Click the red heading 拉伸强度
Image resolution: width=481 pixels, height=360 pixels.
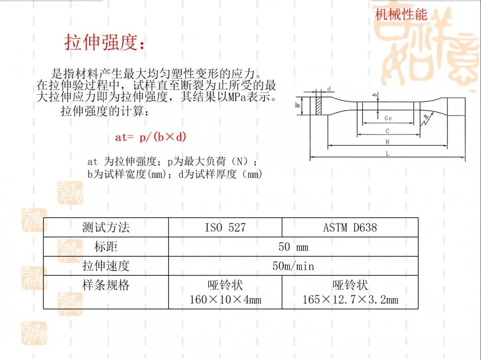(104, 42)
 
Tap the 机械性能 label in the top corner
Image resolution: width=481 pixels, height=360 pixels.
(401, 14)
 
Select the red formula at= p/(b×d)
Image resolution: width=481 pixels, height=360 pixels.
(151, 137)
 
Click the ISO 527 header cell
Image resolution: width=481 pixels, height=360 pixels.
(225, 227)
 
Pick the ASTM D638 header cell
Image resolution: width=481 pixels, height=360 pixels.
(350, 227)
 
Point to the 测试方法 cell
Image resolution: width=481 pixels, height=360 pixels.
(106, 227)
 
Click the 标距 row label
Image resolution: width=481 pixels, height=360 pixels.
(106, 247)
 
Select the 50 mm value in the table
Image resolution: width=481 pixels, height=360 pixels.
(293, 247)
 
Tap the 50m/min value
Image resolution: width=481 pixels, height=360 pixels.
(293, 266)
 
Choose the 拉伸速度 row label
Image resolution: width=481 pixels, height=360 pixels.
(106, 266)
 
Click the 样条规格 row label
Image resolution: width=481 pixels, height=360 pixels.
(106, 285)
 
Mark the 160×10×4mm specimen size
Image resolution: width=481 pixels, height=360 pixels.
(225, 299)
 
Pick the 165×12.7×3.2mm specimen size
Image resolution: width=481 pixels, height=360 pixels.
(350, 299)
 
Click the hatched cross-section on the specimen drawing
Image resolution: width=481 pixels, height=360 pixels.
(319, 106)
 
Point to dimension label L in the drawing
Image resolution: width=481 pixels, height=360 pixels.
(387, 154)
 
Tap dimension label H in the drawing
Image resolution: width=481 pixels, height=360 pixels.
(387, 142)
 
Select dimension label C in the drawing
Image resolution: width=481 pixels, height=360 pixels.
(387, 131)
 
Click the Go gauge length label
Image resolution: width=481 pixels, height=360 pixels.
(388, 118)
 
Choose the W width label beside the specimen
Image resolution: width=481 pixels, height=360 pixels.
(298, 105)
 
